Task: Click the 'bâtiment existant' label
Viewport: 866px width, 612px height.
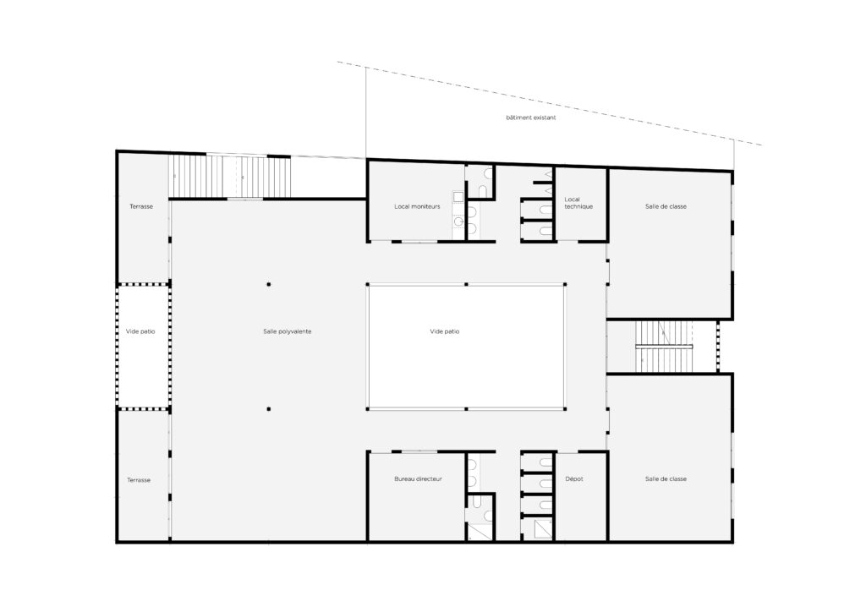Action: click(531, 117)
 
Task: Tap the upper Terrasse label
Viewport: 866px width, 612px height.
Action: click(141, 206)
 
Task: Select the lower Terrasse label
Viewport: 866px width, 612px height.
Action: click(139, 480)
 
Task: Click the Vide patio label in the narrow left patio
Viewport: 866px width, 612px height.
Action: click(140, 331)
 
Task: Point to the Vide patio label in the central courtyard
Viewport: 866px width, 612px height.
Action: click(445, 331)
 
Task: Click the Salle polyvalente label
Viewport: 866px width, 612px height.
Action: click(288, 331)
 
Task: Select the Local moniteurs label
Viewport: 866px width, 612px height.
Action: click(417, 206)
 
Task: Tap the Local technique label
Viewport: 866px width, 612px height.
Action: click(578, 203)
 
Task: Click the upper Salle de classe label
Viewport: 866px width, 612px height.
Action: click(666, 206)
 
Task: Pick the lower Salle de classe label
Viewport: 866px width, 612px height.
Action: click(666, 479)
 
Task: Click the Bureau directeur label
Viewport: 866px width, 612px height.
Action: click(418, 479)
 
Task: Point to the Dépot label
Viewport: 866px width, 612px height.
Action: click(574, 479)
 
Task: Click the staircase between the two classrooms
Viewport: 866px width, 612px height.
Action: click(664, 347)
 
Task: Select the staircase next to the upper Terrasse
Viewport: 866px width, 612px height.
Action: click(230, 177)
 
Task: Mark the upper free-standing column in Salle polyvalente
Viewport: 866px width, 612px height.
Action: click(269, 284)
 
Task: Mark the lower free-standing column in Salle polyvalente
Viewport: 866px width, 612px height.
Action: click(269, 409)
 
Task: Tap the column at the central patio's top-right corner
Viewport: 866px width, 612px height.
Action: click(565, 284)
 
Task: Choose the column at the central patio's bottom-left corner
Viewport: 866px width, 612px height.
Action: click(368, 409)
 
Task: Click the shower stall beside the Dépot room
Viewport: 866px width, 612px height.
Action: click(542, 530)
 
